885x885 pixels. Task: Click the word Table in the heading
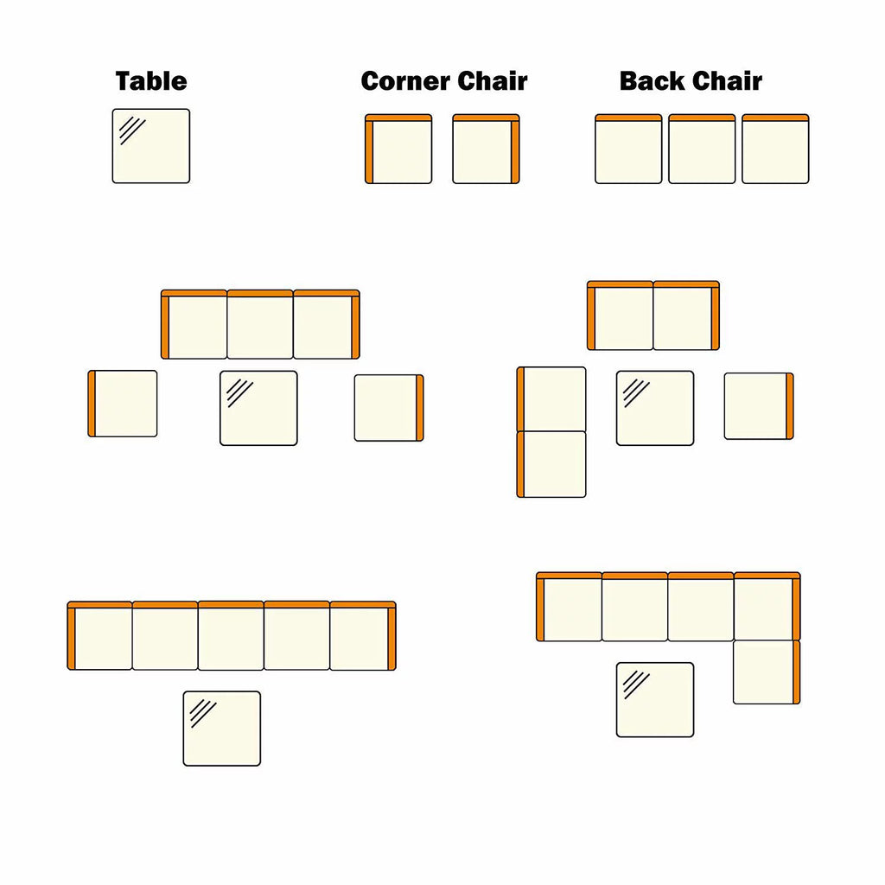coord(151,81)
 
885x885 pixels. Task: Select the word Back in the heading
coord(652,81)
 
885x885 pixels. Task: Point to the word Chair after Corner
coord(485,81)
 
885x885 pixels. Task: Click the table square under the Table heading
coord(151,146)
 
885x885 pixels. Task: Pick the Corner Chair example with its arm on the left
coord(398,149)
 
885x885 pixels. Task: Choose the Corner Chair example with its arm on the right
coord(486,149)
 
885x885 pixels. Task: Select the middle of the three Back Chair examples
coord(702,149)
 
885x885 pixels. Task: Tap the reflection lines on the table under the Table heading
coord(132,131)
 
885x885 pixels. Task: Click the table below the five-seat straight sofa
coord(222,729)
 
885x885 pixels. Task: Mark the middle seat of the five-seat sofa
coord(231,635)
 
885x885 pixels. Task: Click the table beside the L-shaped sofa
coord(655,700)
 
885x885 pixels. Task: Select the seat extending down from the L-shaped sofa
coord(767,672)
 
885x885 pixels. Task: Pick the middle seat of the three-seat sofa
coord(260,325)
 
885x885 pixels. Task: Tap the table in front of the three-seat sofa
coord(258,408)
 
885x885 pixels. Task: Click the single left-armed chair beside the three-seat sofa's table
coord(123,404)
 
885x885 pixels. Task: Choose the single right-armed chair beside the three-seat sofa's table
coord(389,408)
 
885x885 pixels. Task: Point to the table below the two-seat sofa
coord(655,408)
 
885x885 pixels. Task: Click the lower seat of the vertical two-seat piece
coord(551,464)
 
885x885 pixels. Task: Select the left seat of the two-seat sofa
coord(621,315)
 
